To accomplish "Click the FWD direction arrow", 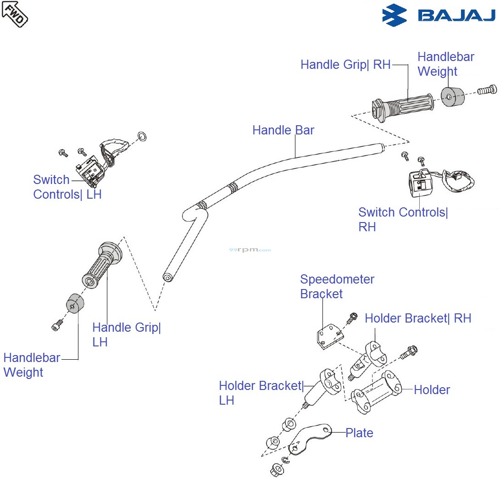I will pyautogui.click(x=15, y=14).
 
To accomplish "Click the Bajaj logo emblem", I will pyautogui.click(x=394, y=15).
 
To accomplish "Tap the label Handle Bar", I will pyautogui.click(x=283, y=130).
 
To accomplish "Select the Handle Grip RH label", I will pyautogui.click(x=345, y=65).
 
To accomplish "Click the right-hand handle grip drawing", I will pyautogui.click(x=403, y=107).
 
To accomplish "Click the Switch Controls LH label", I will pyautogui.click(x=67, y=187).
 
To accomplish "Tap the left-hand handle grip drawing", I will pyautogui.click(x=102, y=265).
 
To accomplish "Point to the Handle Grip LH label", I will pyautogui.click(x=126, y=334).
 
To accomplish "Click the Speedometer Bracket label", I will pyautogui.click(x=337, y=286).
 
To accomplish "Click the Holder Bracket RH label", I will pyautogui.click(x=418, y=318).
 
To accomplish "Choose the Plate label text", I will pyautogui.click(x=359, y=433).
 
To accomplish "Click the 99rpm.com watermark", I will pyautogui.click(x=250, y=250).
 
